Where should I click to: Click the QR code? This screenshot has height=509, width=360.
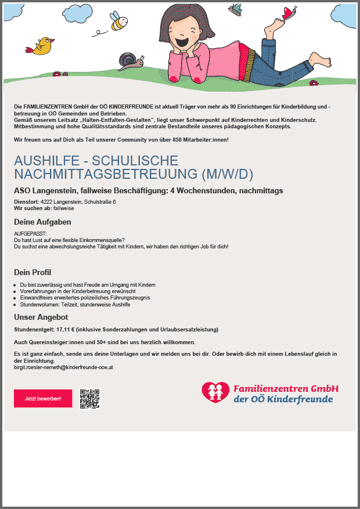90,398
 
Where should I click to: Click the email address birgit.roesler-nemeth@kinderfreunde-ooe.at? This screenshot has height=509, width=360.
63,367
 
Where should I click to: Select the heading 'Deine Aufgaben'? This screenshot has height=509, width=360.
42,222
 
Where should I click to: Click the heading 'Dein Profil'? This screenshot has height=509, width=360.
33,272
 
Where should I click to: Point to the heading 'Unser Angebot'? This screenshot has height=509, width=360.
41,317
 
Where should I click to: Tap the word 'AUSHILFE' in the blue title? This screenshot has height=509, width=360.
48,161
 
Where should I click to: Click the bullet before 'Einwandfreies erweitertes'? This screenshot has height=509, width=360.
15,298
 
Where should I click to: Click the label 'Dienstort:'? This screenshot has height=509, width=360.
26,201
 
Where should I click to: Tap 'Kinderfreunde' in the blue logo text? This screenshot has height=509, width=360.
302,399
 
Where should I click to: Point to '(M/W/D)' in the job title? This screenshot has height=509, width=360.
227,174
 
